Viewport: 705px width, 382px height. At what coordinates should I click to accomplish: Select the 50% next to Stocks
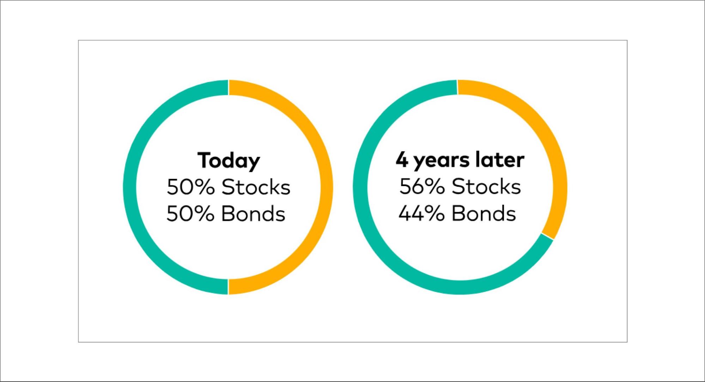190,187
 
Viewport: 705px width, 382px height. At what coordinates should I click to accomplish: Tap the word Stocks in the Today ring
256,187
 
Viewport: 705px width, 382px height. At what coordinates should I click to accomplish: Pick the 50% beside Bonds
190,214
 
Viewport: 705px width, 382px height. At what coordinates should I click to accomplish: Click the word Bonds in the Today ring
253,214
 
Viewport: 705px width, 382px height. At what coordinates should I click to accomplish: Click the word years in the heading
441,161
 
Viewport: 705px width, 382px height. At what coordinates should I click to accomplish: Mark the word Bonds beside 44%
484,213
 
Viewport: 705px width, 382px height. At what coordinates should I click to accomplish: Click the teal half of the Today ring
130,187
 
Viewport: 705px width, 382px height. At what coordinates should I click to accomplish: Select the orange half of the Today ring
326,187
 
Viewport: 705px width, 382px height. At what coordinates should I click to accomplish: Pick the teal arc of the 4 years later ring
360,187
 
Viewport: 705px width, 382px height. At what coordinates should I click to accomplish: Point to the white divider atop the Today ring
229,87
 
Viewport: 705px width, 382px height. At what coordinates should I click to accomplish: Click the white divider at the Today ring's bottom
229,287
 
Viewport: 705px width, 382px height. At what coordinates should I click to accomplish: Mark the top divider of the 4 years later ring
457,87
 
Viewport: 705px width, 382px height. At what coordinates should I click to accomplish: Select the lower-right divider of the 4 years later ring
547,236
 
